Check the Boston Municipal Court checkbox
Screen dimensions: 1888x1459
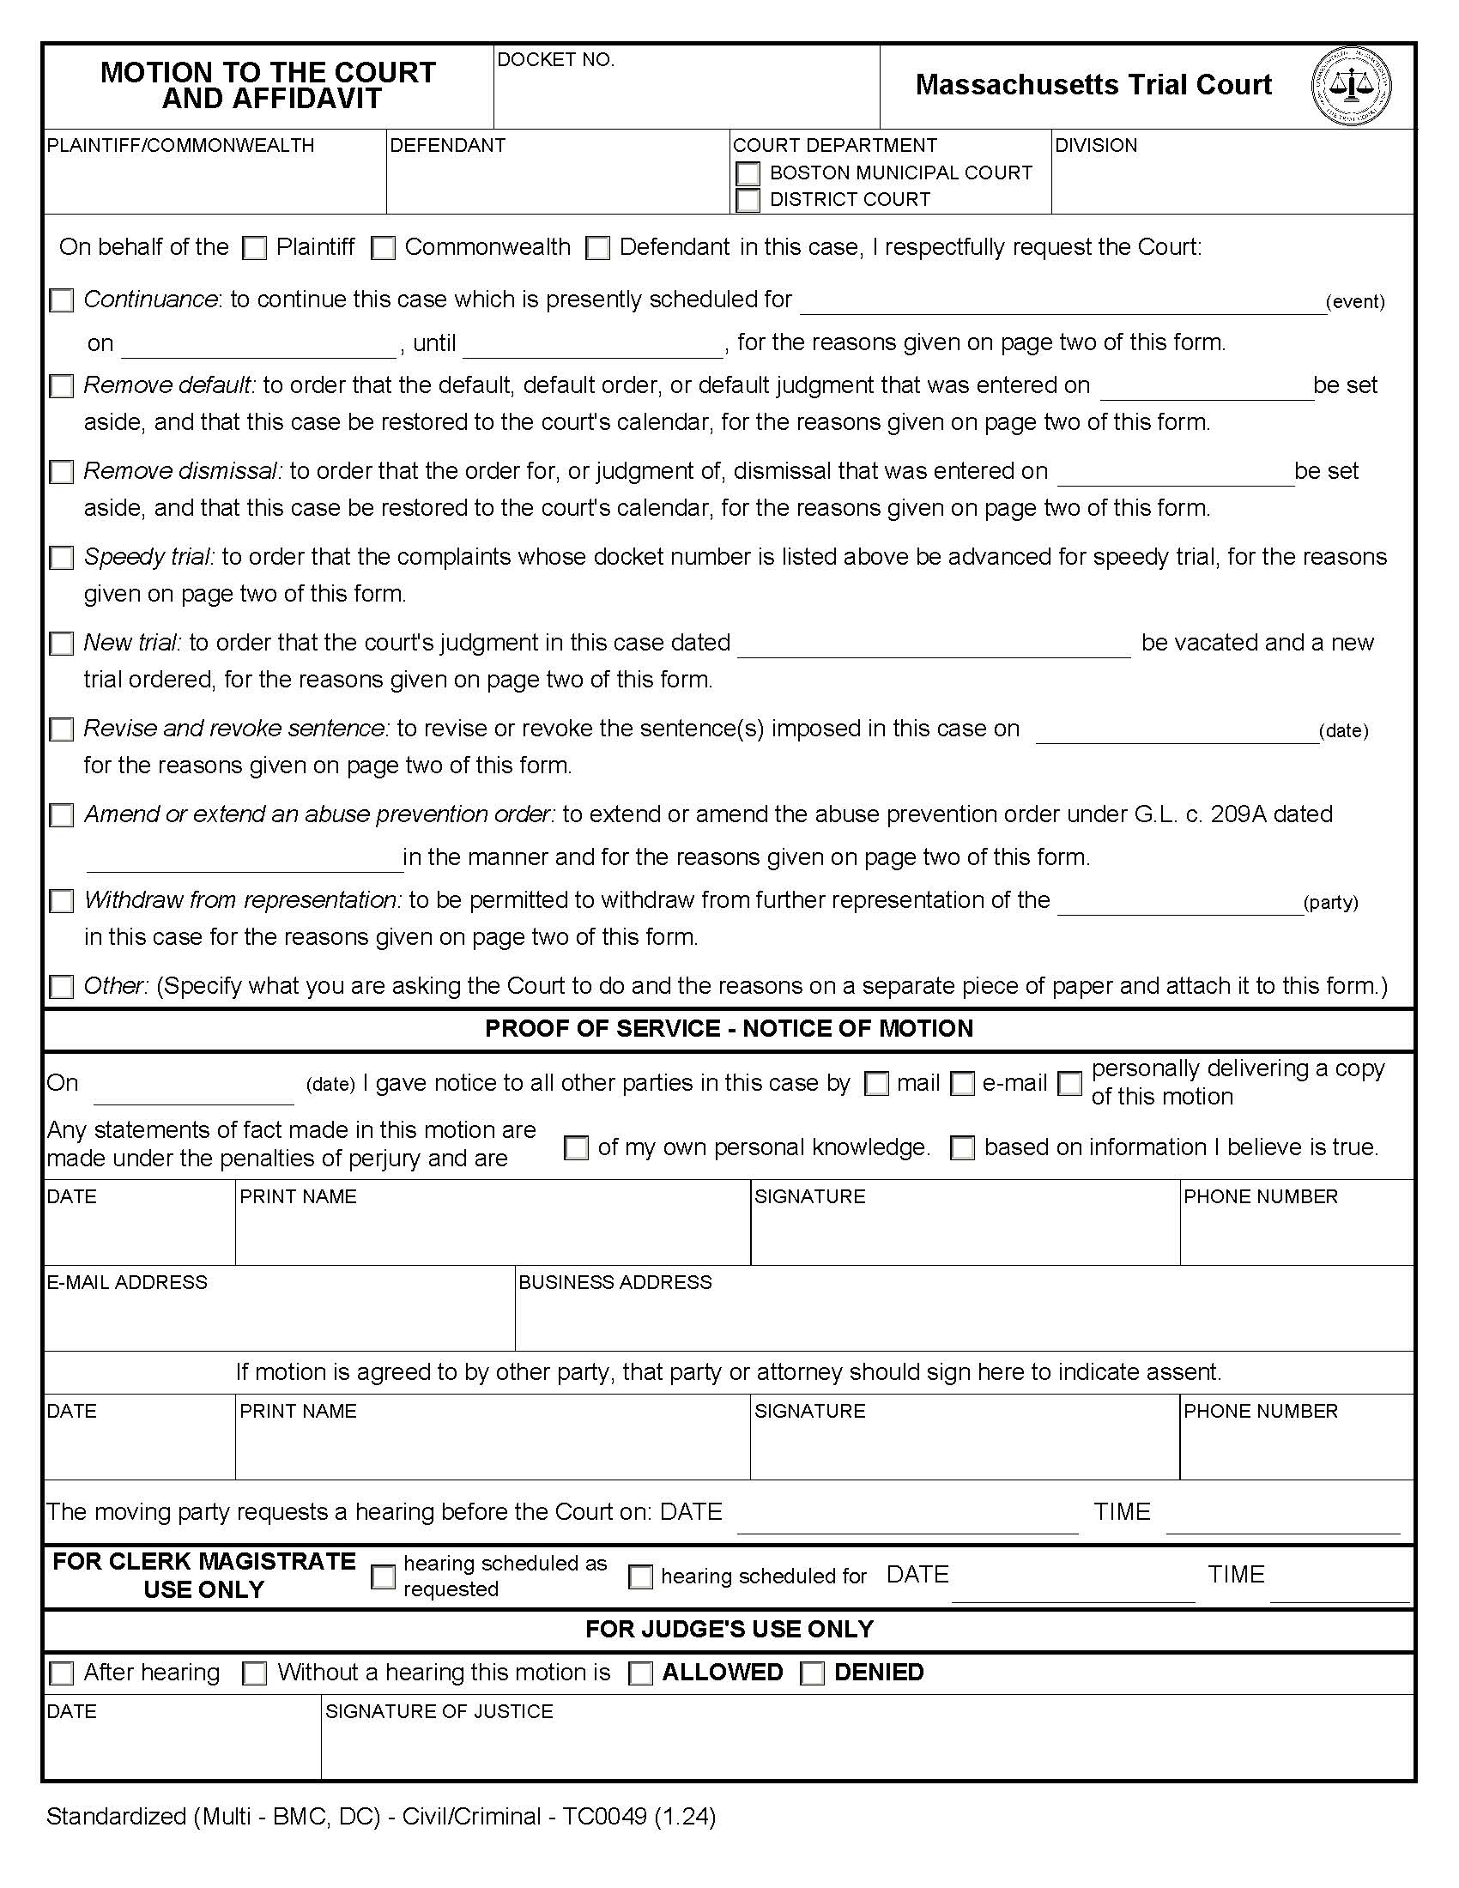click(x=748, y=173)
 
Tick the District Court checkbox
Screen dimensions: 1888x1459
click(x=748, y=201)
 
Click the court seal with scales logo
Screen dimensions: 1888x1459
click(x=1351, y=87)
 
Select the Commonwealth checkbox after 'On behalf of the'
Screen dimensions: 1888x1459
click(x=383, y=249)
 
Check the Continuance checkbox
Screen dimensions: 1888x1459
click(x=62, y=301)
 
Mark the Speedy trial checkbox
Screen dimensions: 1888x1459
click(x=62, y=559)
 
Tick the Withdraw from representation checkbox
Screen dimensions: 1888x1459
click(x=62, y=902)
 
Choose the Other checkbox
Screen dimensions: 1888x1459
click(x=62, y=987)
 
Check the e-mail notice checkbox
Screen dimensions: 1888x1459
click(x=962, y=1084)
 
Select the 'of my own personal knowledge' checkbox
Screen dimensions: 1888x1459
click(x=576, y=1148)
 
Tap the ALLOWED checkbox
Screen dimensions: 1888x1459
click(x=640, y=1673)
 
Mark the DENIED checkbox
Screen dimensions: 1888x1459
click(x=813, y=1673)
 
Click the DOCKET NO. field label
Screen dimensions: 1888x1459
click(x=556, y=60)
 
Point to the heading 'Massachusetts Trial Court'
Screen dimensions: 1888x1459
click(x=1093, y=85)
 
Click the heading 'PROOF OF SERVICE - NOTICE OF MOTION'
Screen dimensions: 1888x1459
click(x=729, y=1029)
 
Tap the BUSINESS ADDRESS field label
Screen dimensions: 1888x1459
click(x=614, y=1282)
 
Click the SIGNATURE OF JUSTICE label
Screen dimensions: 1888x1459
click(x=439, y=1712)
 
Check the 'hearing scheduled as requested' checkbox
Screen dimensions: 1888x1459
click(x=383, y=1576)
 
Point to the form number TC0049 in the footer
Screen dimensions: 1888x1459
click(x=604, y=1816)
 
